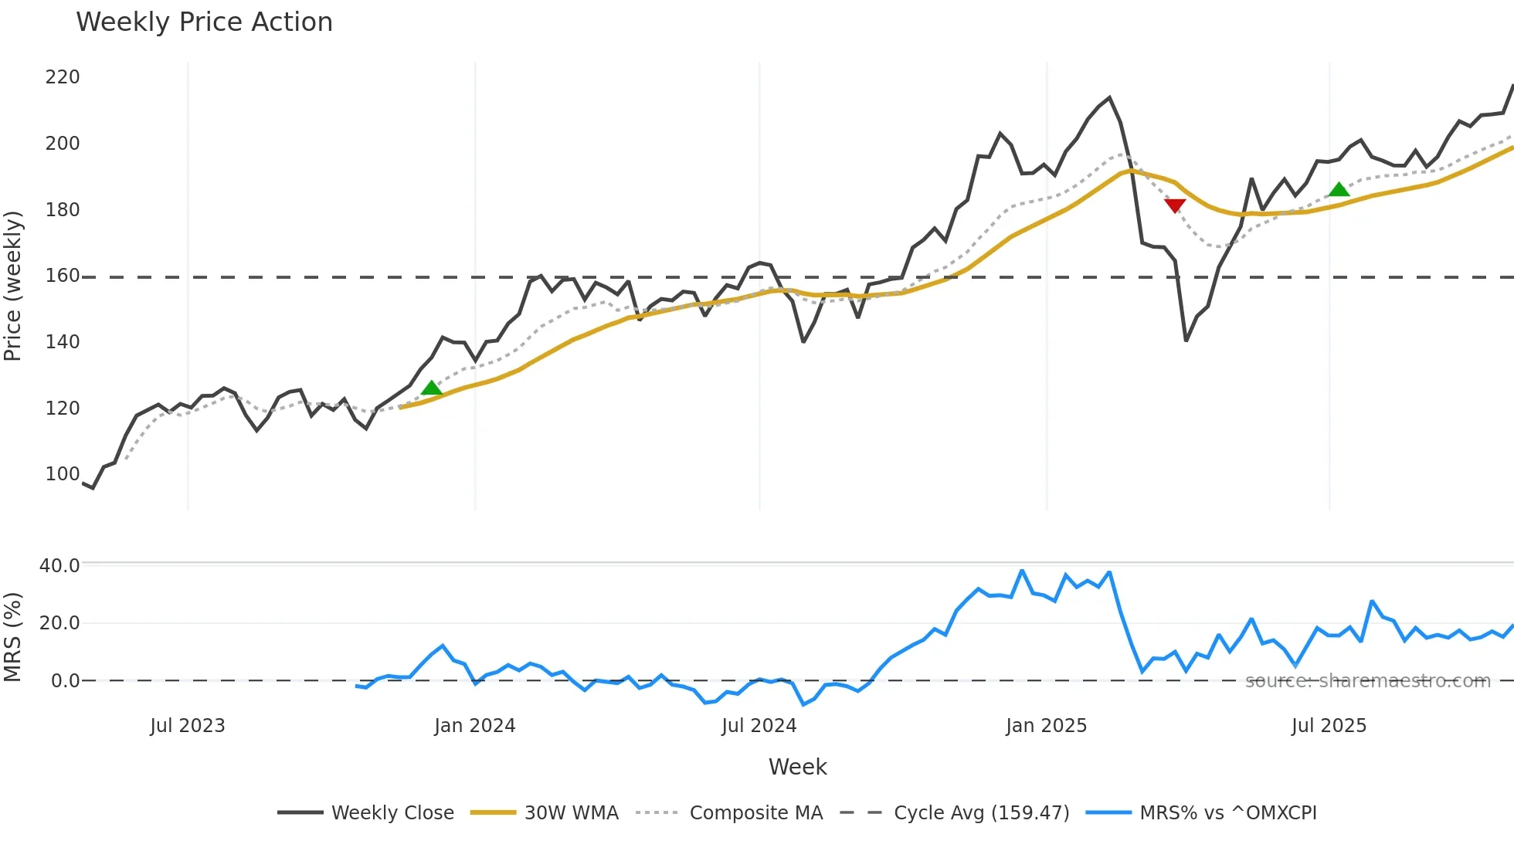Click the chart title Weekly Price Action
(204, 22)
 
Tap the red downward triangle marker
(1175, 205)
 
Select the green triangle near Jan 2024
(432, 388)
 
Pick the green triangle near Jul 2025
(1339, 189)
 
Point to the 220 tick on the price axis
(63, 77)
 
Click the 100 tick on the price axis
(63, 474)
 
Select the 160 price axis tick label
(63, 276)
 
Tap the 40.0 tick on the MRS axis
(59, 566)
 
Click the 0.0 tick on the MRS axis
(65, 681)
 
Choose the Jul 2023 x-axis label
(188, 726)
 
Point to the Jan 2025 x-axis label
(1046, 726)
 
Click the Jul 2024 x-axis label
(759, 726)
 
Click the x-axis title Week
(797, 767)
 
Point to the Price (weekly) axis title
(13, 286)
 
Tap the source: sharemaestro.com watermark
(1367, 681)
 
